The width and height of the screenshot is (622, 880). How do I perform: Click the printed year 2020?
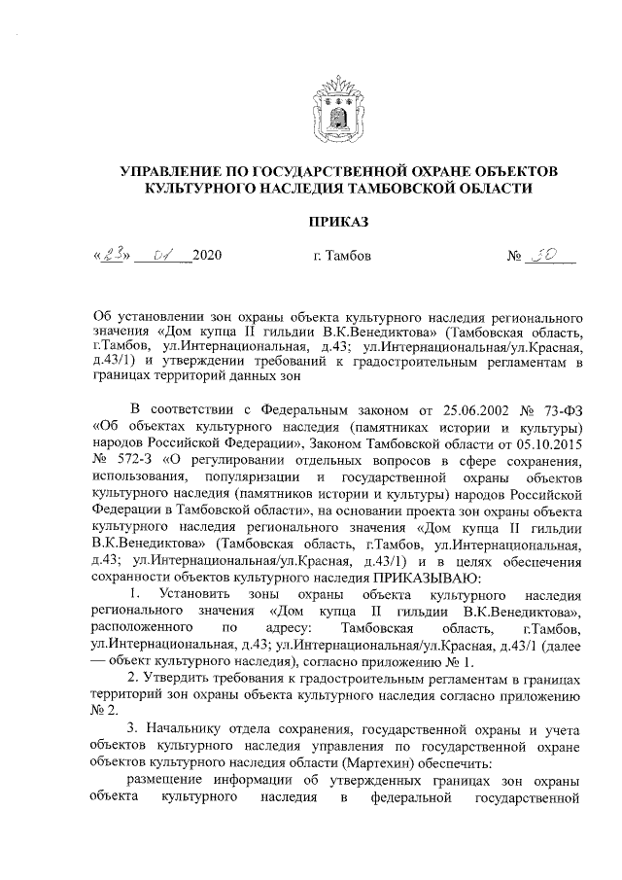[208, 257]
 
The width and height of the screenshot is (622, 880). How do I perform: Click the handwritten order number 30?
[539, 256]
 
